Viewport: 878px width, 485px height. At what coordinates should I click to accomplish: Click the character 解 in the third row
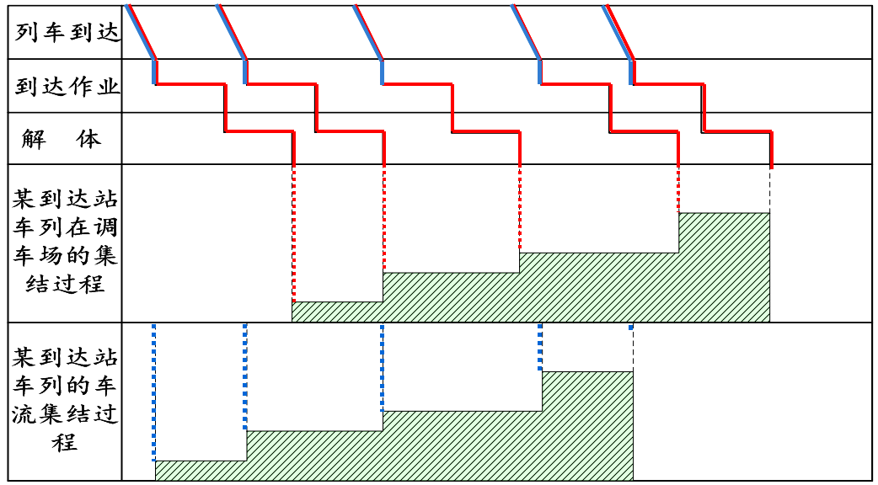tap(35, 139)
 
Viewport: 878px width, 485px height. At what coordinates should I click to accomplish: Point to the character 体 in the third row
tap(89, 139)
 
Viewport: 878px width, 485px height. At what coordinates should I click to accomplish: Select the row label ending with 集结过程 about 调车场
tap(65, 242)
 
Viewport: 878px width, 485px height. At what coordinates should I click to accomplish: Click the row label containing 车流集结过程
tap(65, 400)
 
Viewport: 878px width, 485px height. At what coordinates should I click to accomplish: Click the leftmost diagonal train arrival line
tap(141, 32)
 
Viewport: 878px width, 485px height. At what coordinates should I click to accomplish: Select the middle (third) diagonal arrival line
tap(369, 32)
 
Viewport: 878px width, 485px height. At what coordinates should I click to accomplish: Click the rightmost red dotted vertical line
tap(678, 189)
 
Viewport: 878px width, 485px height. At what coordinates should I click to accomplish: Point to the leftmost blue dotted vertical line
tap(153, 392)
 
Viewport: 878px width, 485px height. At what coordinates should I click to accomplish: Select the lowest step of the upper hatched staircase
tap(337, 312)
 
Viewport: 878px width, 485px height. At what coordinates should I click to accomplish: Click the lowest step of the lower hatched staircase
tap(200, 471)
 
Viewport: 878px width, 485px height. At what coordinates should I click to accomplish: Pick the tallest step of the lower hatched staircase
tap(586, 425)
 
